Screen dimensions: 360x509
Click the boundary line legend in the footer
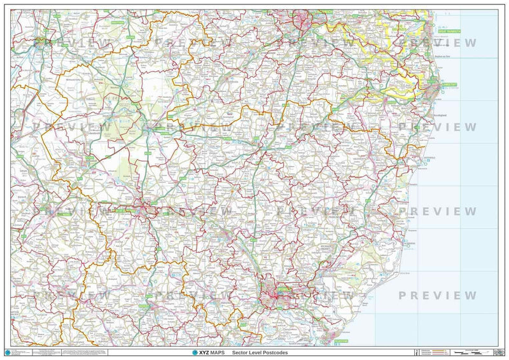click(x=433, y=352)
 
